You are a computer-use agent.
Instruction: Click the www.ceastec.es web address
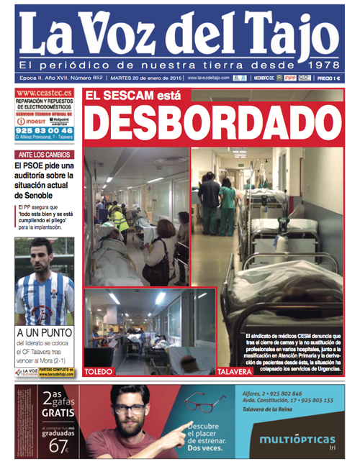tap(43, 93)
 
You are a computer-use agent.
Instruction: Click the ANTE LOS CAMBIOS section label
tap(44, 154)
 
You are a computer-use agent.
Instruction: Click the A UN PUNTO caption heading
tap(45, 333)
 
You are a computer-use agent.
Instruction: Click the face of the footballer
tap(42, 256)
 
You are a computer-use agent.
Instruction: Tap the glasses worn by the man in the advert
tap(130, 408)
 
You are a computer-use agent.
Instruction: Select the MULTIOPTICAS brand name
tap(297, 438)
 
